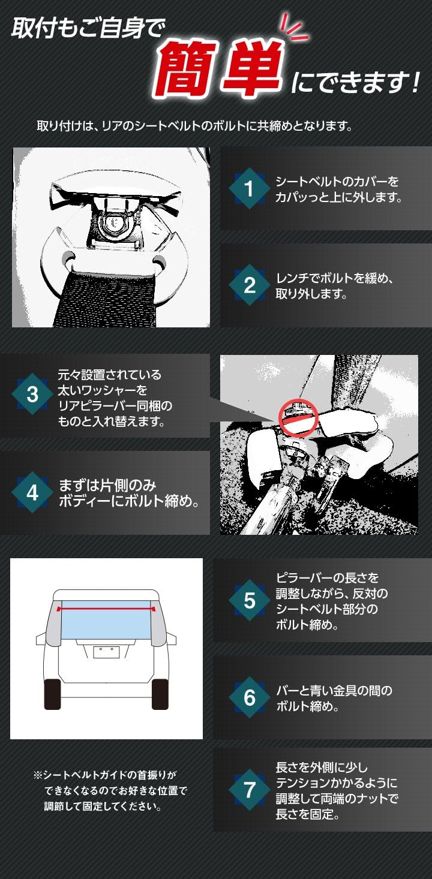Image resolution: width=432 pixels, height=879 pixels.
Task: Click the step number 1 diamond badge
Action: [x=250, y=189]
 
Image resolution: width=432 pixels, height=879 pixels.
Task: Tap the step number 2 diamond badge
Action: [x=250, y=285]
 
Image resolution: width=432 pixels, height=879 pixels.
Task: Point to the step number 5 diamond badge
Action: [x=250, y=600]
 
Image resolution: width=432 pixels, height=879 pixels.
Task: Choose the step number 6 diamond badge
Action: [x=250, y=697]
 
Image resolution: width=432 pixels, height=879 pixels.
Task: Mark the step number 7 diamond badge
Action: [x=250, y=789]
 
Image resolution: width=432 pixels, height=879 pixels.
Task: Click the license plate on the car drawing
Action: [x=106, y=652]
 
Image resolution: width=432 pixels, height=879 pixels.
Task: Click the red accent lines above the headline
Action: [x=294, y=27]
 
